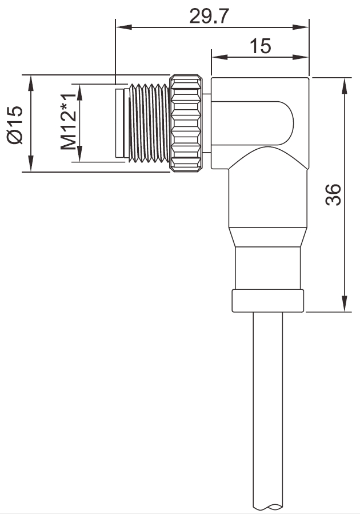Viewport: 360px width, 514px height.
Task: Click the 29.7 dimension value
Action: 209,16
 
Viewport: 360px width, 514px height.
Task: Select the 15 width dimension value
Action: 260,46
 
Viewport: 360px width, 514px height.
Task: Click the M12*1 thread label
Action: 69,123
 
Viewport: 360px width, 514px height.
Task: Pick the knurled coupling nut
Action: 186,122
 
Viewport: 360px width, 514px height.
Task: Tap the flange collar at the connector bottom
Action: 268,301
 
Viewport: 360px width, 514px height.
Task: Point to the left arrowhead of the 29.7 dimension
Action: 120,26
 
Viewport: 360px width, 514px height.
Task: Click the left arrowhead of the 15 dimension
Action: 217,57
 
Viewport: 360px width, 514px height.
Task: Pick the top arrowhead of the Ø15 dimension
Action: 29,79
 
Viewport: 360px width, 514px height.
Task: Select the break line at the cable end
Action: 268,507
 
